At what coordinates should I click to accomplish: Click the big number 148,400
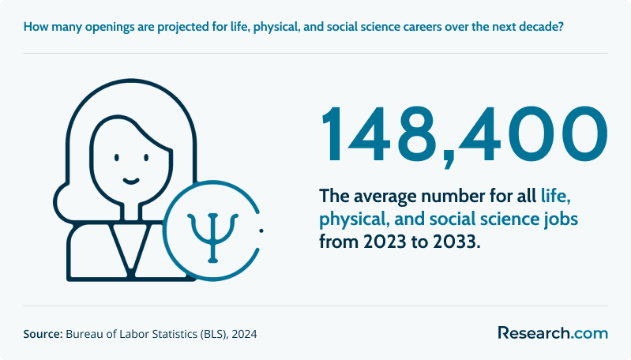(x=464, y=135)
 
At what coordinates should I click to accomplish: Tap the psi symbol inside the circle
(x=213, y=238)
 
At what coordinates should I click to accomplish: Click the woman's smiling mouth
(x=131, y=181)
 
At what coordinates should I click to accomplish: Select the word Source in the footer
(x=43, y=334)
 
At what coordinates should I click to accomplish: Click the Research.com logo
(x=553, y=333)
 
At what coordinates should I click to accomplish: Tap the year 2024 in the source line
(x=244, y=334)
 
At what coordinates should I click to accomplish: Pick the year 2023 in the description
(x=385, y=242)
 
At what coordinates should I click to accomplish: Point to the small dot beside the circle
(x=261, y=231)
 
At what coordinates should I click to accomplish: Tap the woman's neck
(x=130, y=211)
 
